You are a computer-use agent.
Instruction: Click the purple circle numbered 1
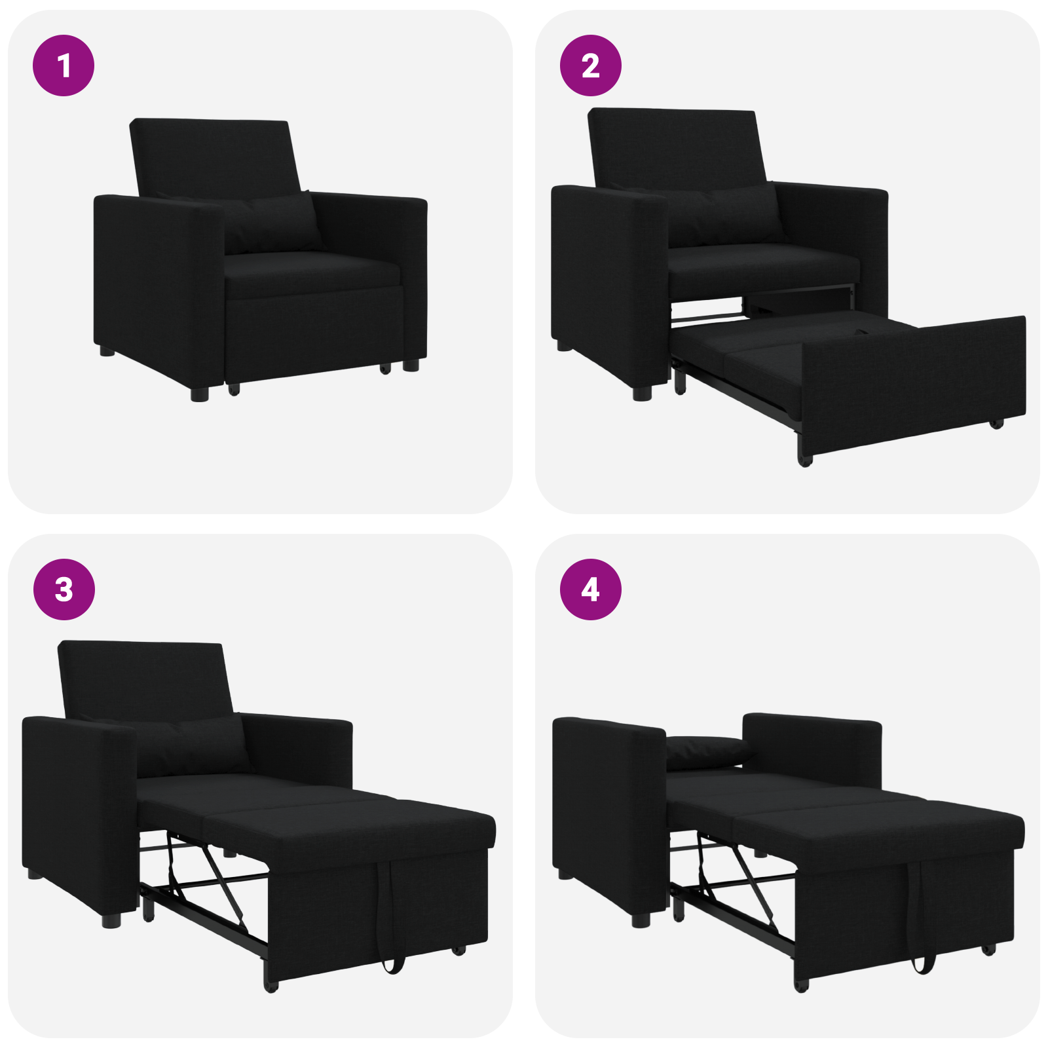[x=64, y=65]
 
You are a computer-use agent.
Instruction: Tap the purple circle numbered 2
[x=590, y=65]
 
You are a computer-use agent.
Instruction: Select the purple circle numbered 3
[x=64, y=589]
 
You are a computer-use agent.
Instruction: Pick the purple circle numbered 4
[x=590, y=589]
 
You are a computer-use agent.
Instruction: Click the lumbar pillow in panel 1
[x=272, y=223]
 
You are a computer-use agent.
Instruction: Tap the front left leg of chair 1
[x=199, y=392]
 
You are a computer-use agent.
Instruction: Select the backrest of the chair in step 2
[x=675, y=147]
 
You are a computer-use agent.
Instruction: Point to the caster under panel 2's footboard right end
[x=996, y=424]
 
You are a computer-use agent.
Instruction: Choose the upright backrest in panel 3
[x=144, y=678]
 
